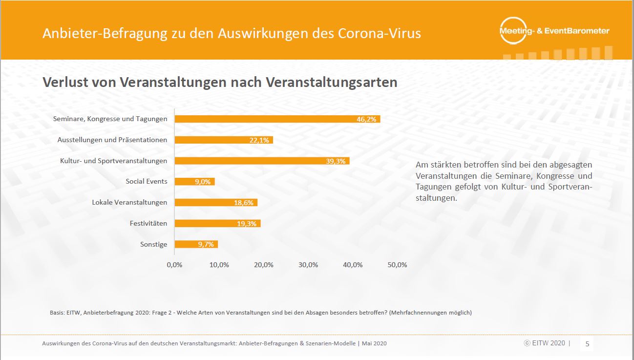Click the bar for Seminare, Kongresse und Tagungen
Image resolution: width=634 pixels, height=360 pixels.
[x=277, y=119]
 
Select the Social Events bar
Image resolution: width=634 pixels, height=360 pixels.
[x=194, y=182]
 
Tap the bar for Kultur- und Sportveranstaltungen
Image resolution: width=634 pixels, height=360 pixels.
[x=262, y=161]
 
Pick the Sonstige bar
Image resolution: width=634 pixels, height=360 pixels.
[x=196, y=244]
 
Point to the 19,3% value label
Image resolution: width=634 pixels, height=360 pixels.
[x=246, y=224]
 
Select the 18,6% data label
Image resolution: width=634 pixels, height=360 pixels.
[x=243, y=203]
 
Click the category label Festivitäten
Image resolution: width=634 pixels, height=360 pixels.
[x=148, y=223]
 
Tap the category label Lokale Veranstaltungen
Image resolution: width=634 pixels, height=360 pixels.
[x=129, y=202]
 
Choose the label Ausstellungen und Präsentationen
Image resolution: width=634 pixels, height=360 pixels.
[x=112, y=140]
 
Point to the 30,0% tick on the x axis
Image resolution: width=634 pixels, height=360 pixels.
[x=308, y=265]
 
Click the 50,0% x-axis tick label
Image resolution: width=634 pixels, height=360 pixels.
[x=397, y=265]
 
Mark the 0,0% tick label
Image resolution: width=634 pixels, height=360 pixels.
[x=174, y=265]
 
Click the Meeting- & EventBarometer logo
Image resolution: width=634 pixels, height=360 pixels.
[x=554, y=31]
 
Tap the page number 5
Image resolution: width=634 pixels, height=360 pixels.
[x=587, y=344]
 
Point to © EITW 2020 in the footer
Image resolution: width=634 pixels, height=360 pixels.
[x=544, y=343]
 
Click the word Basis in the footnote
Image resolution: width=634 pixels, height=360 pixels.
[x=57, y=313]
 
